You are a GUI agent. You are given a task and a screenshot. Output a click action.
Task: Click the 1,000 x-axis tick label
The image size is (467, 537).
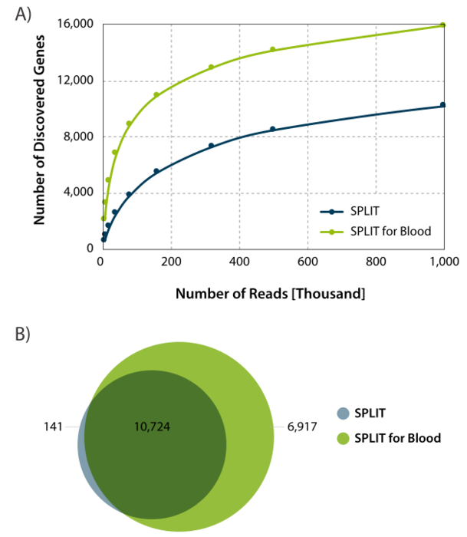pos(444,262)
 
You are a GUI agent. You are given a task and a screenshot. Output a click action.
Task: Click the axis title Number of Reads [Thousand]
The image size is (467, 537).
pos(270,293)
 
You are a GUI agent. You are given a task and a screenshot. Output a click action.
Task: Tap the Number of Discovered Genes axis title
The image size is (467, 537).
pos(38,137)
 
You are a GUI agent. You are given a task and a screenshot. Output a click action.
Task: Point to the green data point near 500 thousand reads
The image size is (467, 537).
pos(272,49)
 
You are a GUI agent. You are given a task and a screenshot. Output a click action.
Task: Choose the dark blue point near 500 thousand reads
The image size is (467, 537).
pos(272,129)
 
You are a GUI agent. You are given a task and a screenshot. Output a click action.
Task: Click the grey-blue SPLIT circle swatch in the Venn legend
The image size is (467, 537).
pos(343,413)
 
